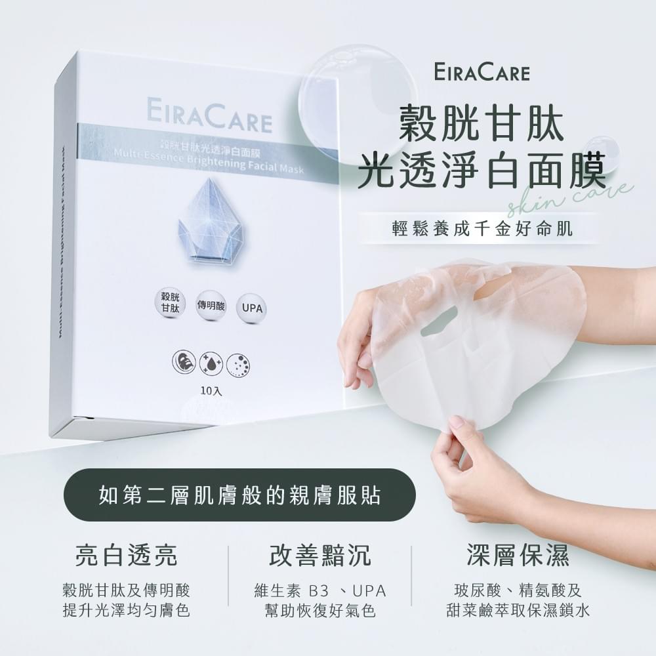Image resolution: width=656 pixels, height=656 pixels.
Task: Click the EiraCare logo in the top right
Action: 482,72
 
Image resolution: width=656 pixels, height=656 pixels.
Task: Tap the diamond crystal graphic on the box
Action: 211,220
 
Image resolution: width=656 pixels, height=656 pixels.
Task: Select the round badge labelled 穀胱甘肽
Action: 169,302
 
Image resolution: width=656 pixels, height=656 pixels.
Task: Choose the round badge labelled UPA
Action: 250,307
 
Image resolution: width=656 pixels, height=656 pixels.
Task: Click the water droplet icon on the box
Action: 210,363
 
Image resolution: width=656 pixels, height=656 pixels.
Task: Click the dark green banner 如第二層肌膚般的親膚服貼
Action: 239,495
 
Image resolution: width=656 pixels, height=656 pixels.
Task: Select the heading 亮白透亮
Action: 126,556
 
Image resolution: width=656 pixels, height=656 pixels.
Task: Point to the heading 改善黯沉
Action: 320,556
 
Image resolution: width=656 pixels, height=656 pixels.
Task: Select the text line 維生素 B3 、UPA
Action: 320,590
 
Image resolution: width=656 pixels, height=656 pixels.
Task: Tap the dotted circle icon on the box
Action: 237,365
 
